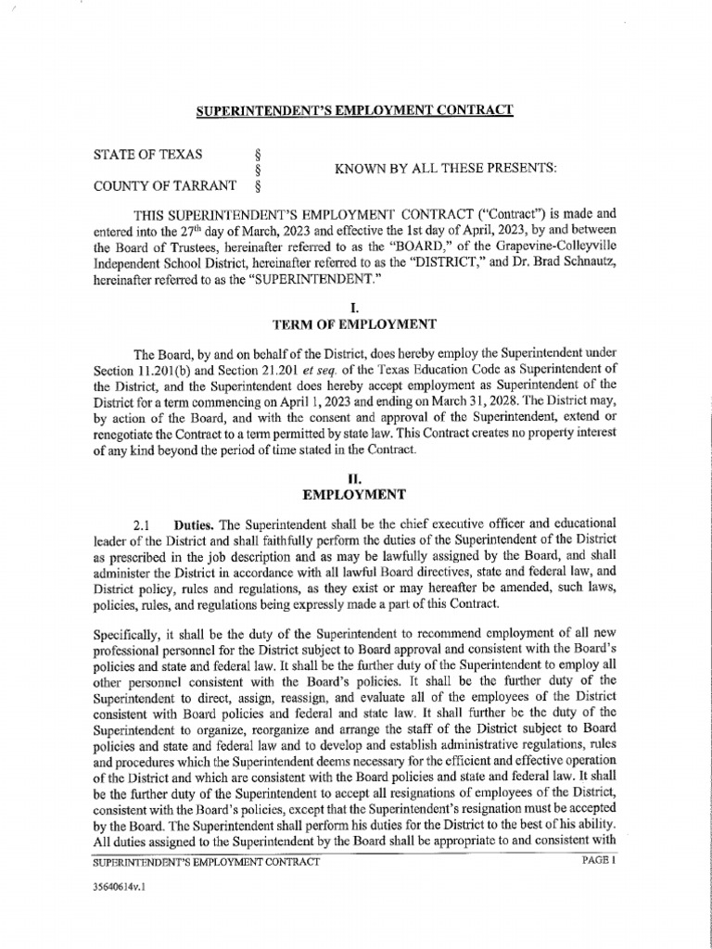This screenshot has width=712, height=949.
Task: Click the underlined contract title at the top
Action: coord(353,111)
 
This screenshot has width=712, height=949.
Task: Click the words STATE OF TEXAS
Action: coord(149,154)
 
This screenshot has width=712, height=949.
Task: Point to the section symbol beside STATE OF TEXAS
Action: coord(256,154)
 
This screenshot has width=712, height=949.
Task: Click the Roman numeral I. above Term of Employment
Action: coord(356,306)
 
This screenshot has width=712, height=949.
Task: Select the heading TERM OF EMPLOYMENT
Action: coord(356,323)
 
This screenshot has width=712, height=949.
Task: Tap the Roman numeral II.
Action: coord(356,477)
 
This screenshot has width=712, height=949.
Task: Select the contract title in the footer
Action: coord(207,862)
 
